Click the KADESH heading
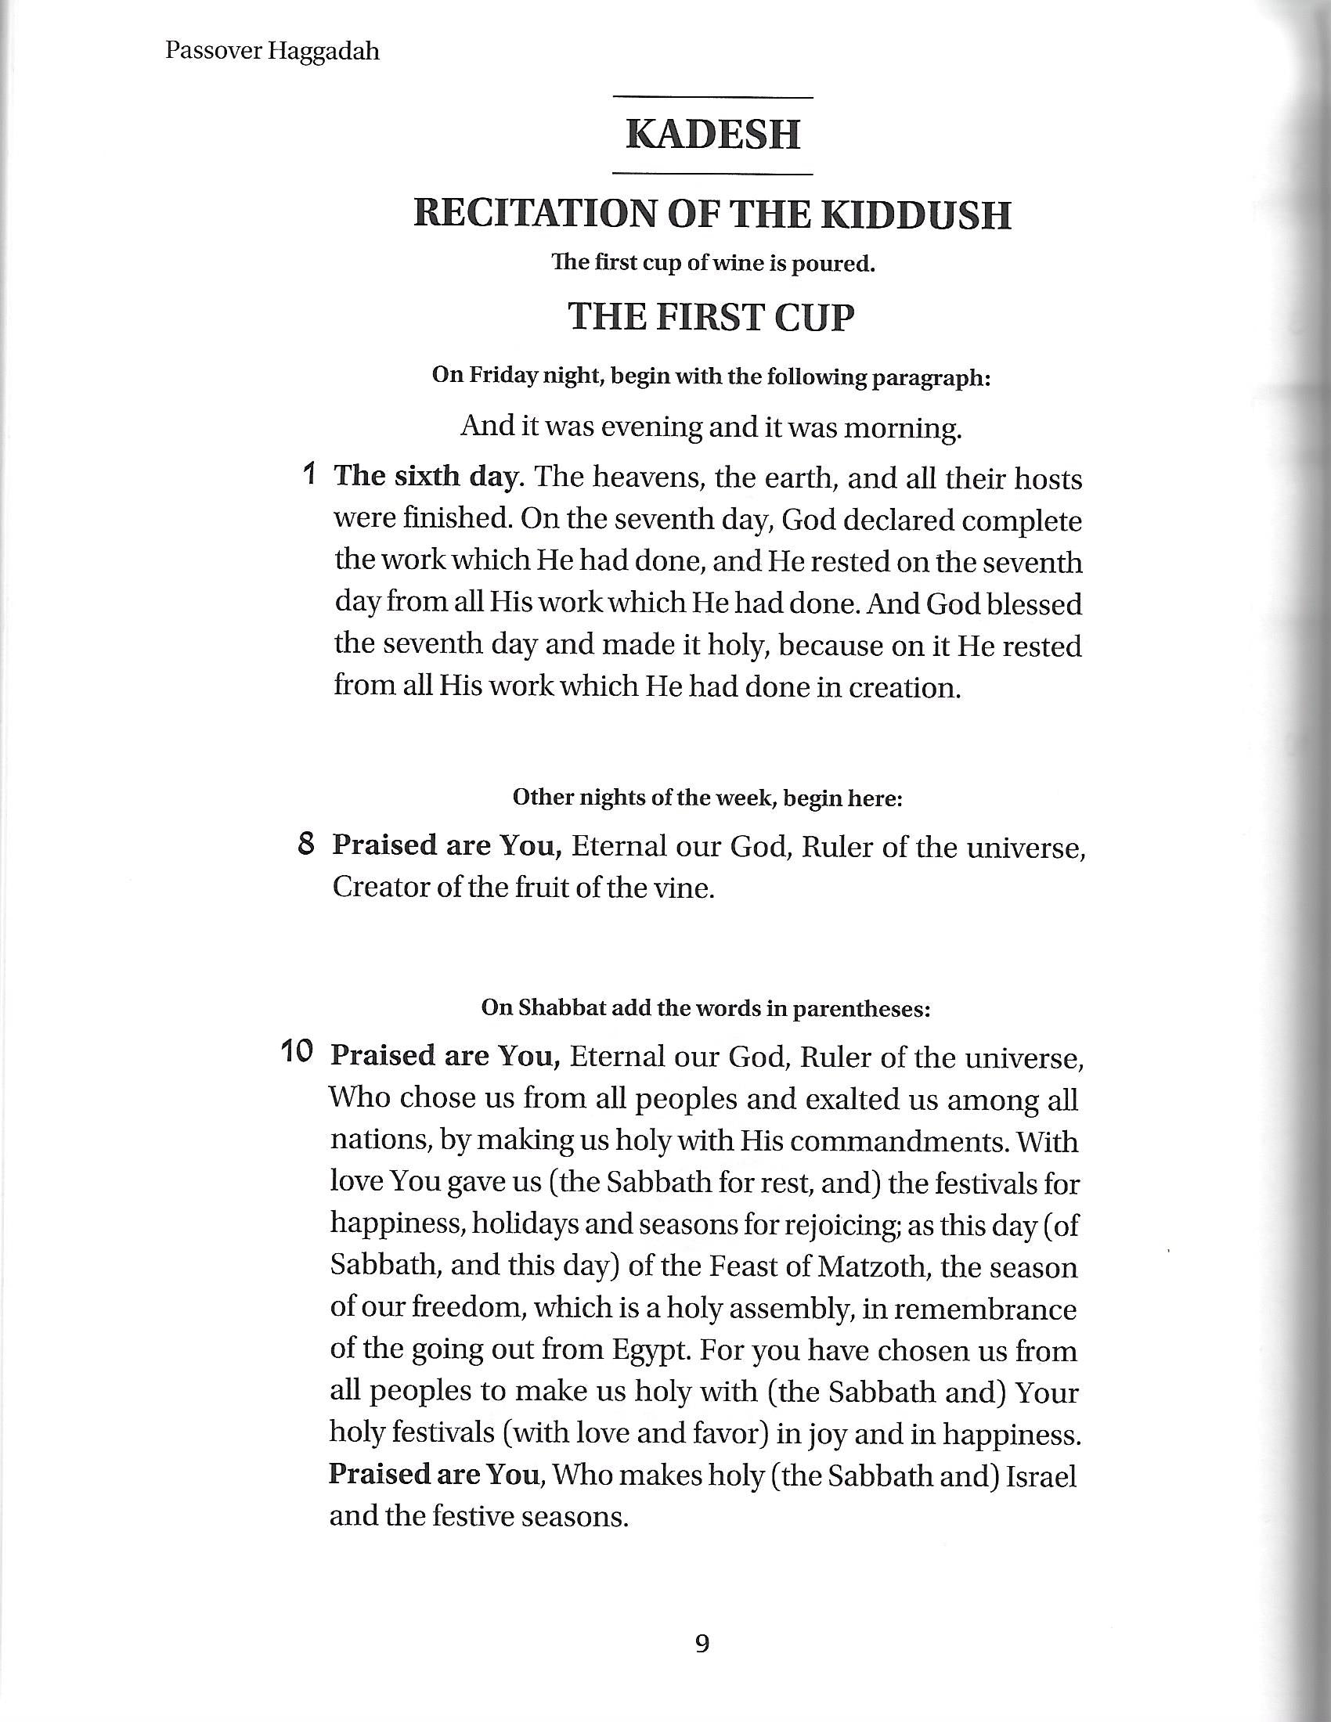point(712,135)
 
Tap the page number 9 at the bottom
point(702,1644)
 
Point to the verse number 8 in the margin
point(307,845)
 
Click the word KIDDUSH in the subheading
point(915,215)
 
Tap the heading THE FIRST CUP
point(711,317)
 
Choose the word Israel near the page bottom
point(1041,1475)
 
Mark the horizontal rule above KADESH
point(712,98)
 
